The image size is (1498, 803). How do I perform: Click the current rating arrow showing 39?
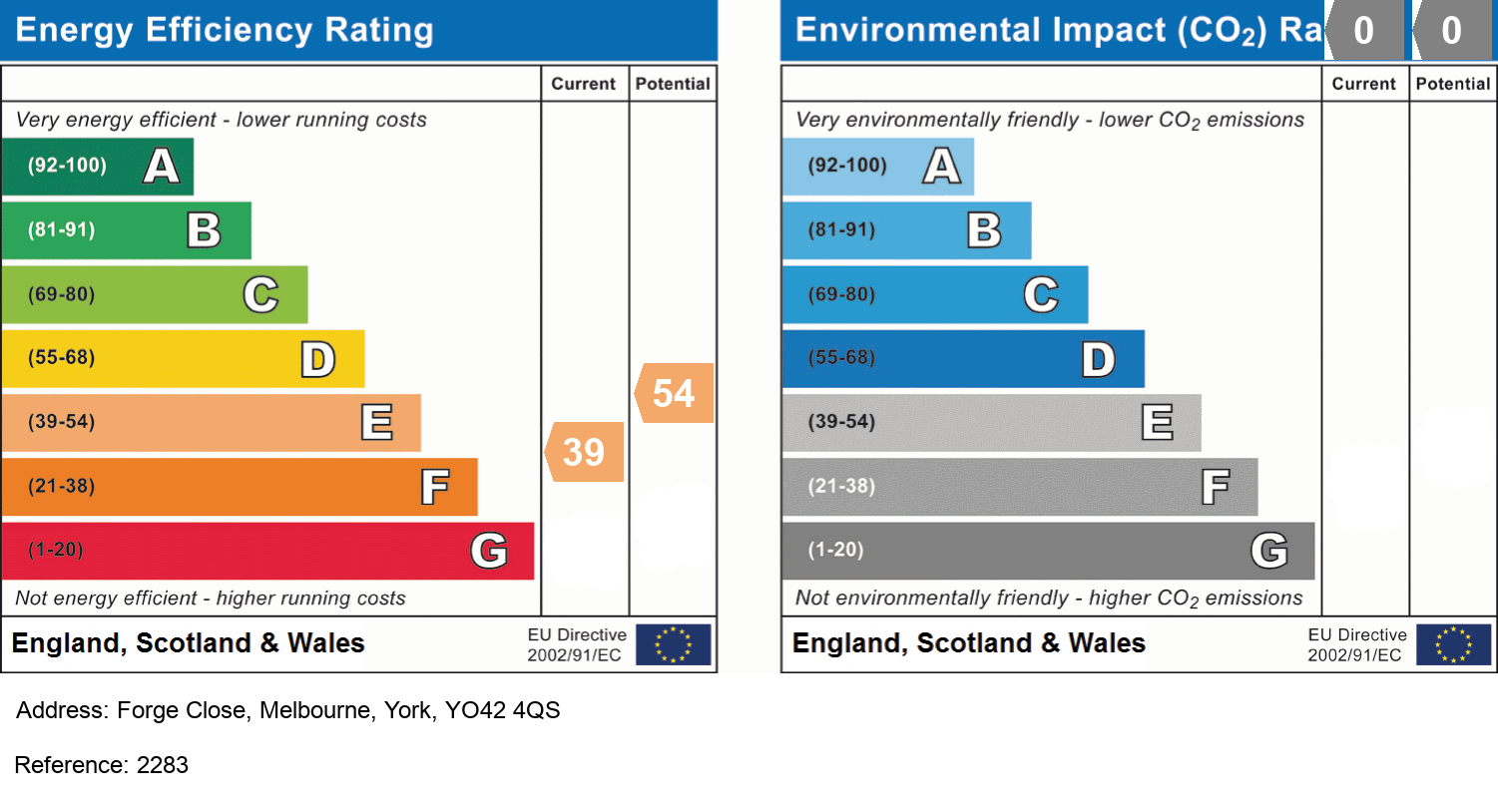click(x=585, y=452)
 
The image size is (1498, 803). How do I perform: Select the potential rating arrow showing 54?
click(x=675, y=393)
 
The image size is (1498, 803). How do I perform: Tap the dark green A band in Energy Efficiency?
click(x=97, y=166)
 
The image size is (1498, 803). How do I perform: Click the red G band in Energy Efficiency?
click(x=266, y=551)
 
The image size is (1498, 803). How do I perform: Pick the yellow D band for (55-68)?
click(x=183, y=358)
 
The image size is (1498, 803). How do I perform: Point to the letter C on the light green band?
click(x=260, y=294)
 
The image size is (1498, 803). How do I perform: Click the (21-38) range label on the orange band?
click(x=62, y=487)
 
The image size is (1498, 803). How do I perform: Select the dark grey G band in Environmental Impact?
click(x=1048, y=551)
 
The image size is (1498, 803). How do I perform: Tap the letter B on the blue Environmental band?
click(x=984, y=230)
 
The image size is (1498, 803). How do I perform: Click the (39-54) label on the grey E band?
click(x=841, y=422)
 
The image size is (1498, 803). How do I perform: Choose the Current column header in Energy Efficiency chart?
click(x=584, y=84)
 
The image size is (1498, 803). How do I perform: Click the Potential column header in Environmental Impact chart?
click(x=1453, y=84)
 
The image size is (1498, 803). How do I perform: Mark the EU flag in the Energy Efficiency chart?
click(x=674, y=644)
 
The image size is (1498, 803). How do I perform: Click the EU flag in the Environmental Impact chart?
click(x=1454, y=644)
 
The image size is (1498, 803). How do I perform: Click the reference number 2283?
click(x=162, y=765)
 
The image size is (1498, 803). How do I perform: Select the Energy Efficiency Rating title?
click(x=225, y=30)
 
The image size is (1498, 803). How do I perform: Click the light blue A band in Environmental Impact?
click(x=877, y=166)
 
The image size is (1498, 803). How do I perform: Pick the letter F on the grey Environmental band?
click(x=1215, y=487)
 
